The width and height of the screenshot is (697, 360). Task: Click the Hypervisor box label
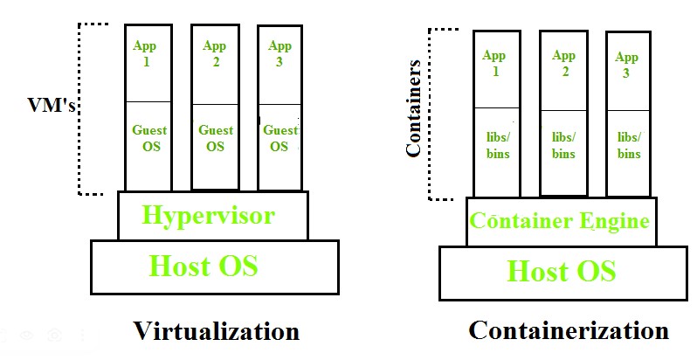(209, 216)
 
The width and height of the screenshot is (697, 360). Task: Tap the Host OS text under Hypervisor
(204, 265)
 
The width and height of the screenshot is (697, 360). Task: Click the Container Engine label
(560, 221)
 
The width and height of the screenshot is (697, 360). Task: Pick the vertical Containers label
(415, 108)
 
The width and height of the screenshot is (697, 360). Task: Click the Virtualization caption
(216, 332)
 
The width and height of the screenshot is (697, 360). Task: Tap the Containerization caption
(569, 330)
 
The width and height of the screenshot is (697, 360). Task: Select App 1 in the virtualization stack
(145, 54)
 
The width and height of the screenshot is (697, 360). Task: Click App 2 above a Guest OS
(214, 54)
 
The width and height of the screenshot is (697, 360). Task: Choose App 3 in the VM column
(279, 54)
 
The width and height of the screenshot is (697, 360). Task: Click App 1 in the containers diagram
(495, 64)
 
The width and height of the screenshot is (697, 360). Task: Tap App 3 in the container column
(627, 66)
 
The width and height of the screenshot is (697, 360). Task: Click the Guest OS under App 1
(149, 138)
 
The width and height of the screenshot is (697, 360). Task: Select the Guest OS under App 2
(215, 138)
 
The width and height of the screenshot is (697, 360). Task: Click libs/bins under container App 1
(496, 145)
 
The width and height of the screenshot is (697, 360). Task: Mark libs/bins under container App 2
(563, 145)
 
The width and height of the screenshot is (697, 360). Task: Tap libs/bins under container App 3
(629, 145)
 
